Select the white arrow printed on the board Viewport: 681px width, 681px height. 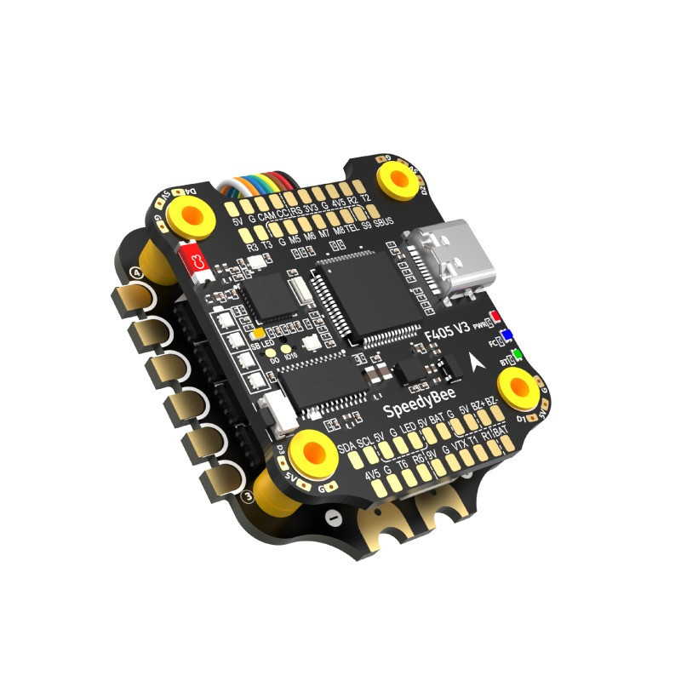474,364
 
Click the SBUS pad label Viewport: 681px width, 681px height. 386,222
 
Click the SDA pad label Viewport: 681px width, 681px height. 346,449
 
